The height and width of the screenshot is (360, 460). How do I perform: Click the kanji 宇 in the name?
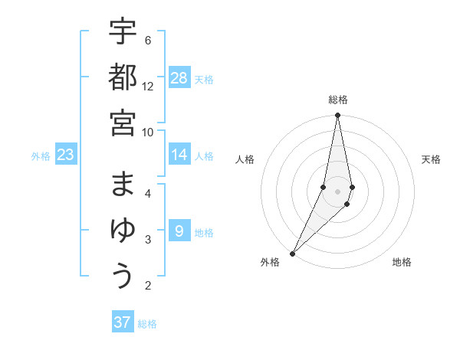click(123, 32)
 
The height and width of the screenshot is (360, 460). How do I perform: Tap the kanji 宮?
click(123, 123)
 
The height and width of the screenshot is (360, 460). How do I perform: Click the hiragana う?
click(123, 276)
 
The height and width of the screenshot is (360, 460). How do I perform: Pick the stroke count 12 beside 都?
click(148, 87)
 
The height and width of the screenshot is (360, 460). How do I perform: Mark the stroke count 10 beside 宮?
click(148, 132)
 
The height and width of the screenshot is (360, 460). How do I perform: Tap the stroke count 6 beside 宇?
click(148, 41)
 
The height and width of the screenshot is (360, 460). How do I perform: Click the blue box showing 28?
click(179, 78)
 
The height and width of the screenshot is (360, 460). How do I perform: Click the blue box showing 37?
click(123, 322)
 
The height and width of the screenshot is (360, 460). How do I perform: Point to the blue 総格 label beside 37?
click(147, 324)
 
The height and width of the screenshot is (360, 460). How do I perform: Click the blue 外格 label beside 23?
click(41, 156)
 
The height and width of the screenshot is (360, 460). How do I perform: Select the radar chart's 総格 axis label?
click(338, 100)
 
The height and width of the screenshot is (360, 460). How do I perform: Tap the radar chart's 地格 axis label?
click(402, 262)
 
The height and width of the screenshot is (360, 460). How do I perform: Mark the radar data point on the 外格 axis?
click(293, 253)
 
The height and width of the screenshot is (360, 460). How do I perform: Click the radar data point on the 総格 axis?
click(337, 116)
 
